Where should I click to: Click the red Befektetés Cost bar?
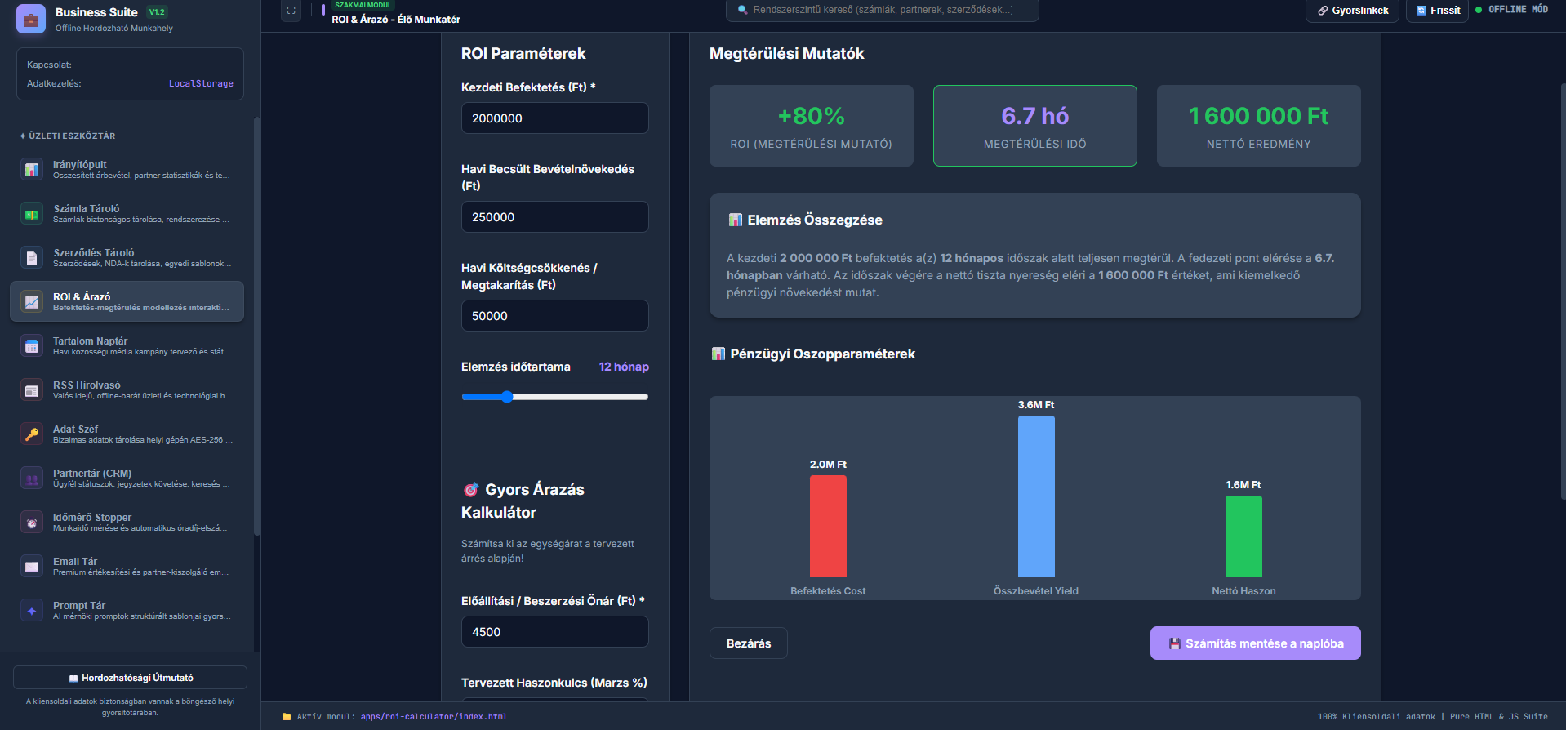pos(828,526)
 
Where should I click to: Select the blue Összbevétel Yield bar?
pos(1036,496)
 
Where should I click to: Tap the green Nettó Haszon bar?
pos(1243,536)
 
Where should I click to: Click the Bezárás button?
pos(749,643)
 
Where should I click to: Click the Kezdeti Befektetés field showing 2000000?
pos(555,118)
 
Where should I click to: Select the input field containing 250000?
pos(555,217)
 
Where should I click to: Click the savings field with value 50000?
pos(555,316)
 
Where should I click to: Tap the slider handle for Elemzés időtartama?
pos(507,397)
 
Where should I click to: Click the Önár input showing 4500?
pos(555,632)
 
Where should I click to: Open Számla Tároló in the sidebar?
pos(127,214)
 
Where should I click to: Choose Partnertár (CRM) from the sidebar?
pos(127,479)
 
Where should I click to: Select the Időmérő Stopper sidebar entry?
pos(127,523)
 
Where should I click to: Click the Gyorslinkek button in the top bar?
pos(1353,11)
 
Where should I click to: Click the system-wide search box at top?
pos(883,10)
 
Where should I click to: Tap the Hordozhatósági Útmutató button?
pos(131,678)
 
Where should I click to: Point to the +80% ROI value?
pos(812,116)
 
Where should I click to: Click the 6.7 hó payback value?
pos(1035,116)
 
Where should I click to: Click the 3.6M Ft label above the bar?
pos(1036,405)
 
